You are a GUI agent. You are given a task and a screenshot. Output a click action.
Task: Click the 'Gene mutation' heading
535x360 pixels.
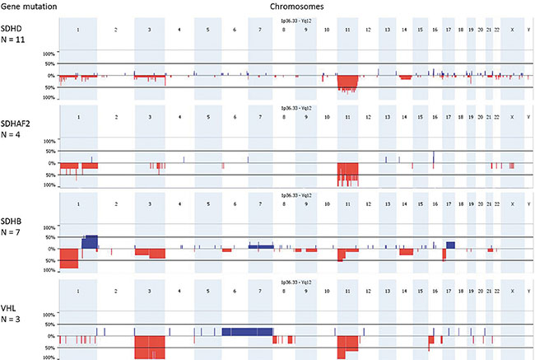(25, 6)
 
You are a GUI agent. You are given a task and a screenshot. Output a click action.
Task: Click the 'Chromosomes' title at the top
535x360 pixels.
(294, 6)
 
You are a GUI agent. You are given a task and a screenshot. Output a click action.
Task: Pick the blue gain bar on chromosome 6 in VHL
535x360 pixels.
(246, 330)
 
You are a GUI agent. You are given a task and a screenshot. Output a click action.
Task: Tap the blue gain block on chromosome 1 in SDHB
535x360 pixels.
(90, 241)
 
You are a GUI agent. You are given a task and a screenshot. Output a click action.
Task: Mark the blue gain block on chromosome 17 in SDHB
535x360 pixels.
(450, 245)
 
